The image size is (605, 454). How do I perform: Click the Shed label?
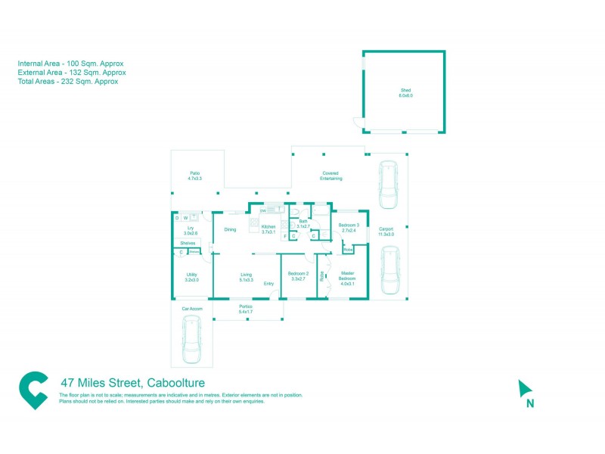tap(406, 93)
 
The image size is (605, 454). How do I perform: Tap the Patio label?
tap(195, 176)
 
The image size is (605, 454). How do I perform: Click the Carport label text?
tap(386, 232)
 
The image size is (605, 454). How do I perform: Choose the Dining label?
tap(230, 229)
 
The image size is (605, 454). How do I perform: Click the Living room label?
tap(246, 277)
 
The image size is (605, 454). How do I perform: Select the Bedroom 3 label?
tap(349, 228)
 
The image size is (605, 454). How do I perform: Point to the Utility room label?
tap(191, 277)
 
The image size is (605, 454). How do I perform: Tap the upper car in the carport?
tap(388, 185)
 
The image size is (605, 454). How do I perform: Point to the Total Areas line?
tap(68, 82)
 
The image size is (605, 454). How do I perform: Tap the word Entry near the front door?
tap(268, 284)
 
